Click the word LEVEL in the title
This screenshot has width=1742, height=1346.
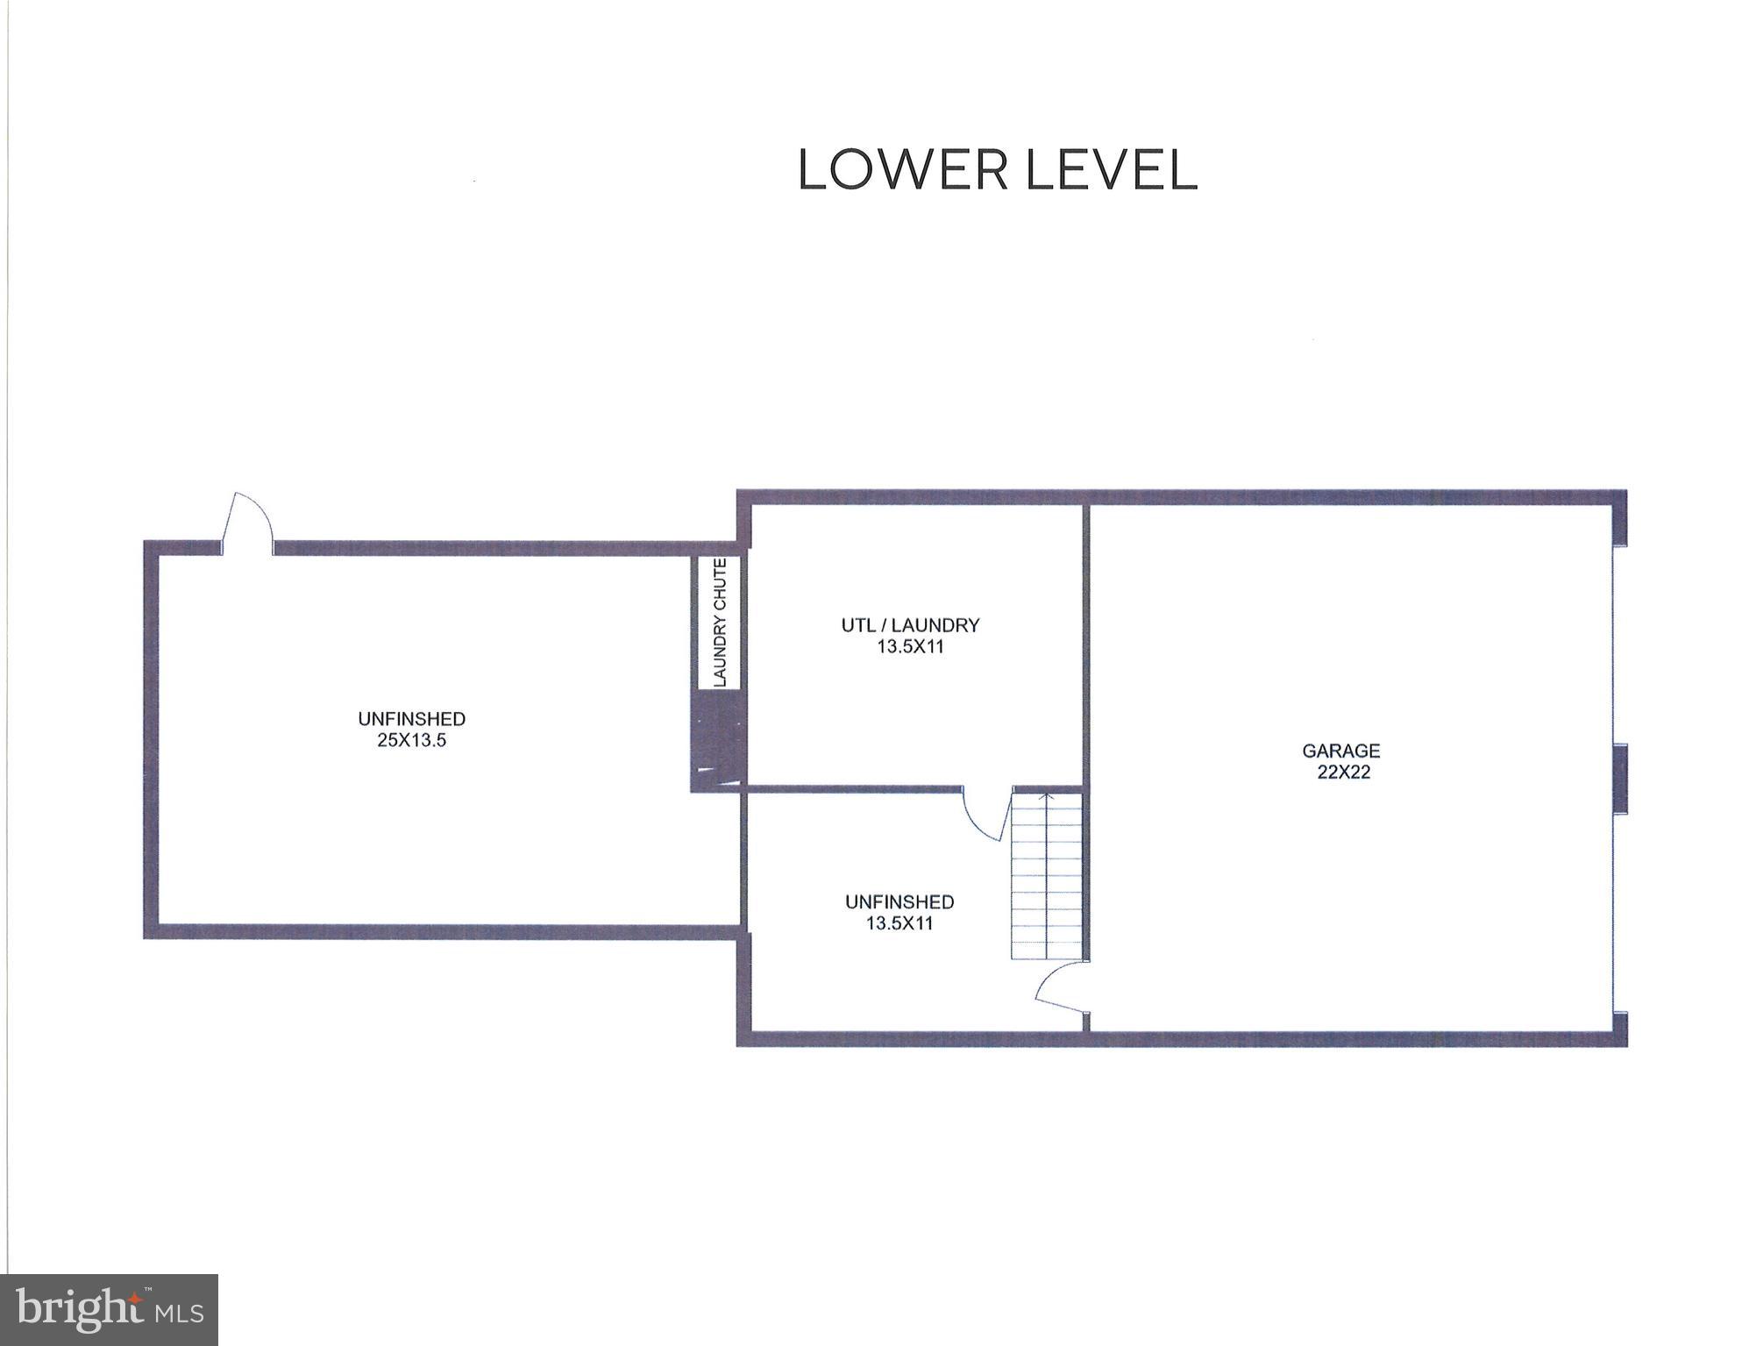1111,170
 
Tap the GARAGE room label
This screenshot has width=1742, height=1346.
1340,751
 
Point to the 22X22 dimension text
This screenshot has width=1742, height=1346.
1343,773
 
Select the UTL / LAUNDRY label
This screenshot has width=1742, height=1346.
910,625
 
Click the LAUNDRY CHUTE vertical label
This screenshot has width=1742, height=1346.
720,622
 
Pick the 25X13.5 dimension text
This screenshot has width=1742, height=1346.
412,740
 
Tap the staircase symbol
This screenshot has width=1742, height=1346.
1047,877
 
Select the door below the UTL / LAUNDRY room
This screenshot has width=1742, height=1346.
982,815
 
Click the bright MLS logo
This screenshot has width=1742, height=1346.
109,1309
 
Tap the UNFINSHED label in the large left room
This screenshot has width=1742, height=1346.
411,719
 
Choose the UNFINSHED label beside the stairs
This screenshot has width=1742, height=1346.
899,901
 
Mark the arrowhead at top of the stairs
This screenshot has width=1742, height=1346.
1046,798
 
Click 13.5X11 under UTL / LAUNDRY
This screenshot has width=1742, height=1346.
910,647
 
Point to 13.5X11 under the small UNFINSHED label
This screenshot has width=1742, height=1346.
899,923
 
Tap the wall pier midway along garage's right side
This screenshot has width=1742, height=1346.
1621,778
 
